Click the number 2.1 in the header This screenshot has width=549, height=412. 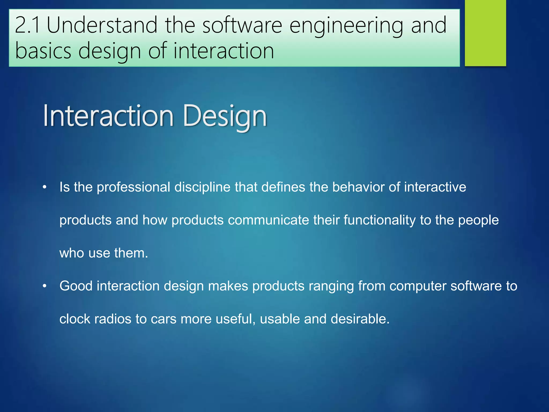coord(27,25)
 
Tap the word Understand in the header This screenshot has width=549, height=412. coord(102,25)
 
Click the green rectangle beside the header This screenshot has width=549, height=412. coord(485,33)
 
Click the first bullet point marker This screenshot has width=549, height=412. coord(45,187)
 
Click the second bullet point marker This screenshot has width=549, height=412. coord(45,286)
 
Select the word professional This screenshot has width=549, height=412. coord(133,187)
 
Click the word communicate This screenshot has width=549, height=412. coord(268,220)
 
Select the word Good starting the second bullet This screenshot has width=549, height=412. coord(76,286)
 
